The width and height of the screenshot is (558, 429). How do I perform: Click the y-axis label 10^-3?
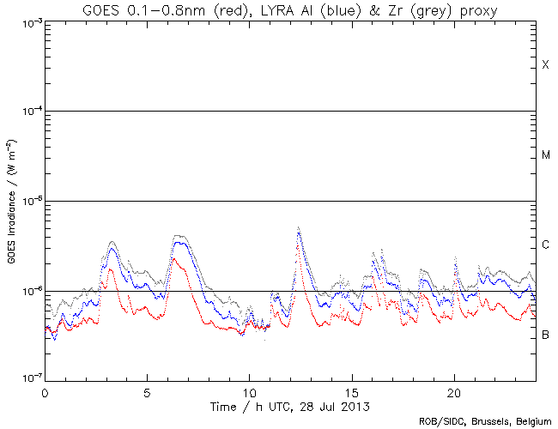click(x=29, y=21)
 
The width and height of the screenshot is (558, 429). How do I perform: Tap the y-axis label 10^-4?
click(x=29, y=112)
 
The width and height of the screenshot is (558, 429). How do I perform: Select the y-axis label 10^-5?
click(x=29, y=201)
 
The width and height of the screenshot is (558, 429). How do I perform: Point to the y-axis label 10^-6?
click(x=29, y=291)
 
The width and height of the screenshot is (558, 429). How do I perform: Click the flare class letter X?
click(x=545, y=65)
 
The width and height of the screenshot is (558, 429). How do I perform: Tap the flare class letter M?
click(x=545, y=155)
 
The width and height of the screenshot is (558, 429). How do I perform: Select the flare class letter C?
click(x=545, y=245)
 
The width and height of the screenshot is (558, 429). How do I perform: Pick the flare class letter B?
click(x=545, y=334)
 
